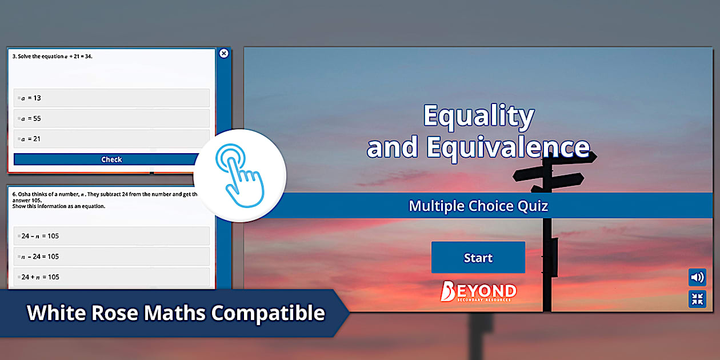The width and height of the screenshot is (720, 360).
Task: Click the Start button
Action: pyautogui.click(x=478, y=258)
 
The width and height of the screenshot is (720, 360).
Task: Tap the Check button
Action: pyautogui.click(x=111, y=159)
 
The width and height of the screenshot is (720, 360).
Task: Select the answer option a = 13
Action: pyautogui.click(x=111, y=98)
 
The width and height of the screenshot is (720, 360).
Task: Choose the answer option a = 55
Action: pyautogui.click(x=111, y=118)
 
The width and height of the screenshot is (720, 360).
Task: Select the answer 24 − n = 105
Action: pyautogui.click(x=111, y=236)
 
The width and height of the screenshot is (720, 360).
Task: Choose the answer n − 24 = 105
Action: pyautogui.click(x=111, y=257)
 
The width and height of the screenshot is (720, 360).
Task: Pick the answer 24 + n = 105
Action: pyautogui.click(x=111, y=277)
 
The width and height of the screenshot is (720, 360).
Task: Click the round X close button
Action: pyautogui.click(x=224, y=53)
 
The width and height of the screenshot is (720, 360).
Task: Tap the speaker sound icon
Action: pyautogui.click(x=697, y=278)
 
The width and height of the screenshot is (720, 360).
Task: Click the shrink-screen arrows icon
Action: pyautogui.click(x=697, y=299)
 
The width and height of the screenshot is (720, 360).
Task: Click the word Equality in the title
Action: pyautogui.click(x=478, y=116)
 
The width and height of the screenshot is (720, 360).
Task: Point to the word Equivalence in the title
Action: pyautogui.click(x=508, y=147)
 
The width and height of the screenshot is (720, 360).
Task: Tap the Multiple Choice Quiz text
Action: pyautogui.click(x=478, y=206)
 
